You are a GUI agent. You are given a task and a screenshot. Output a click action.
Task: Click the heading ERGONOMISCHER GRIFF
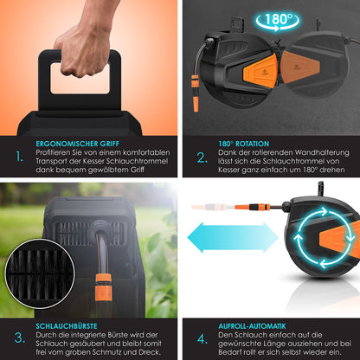coord(77,144)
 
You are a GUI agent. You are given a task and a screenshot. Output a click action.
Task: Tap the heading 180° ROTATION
coord(243,144)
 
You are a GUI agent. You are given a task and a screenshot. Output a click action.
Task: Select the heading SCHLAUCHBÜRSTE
coord(67,326)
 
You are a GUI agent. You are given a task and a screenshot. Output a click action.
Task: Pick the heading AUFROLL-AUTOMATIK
coord(252,326)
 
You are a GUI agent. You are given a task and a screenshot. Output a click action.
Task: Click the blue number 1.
coord(19,157)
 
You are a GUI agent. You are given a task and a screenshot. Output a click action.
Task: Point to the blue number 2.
coord(202,157)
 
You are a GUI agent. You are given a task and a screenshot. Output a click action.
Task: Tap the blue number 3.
coord(20,337)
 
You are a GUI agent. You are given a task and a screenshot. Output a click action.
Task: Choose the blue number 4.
coord(202,339)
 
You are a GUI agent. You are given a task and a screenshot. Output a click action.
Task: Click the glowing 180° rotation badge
coord(278,21)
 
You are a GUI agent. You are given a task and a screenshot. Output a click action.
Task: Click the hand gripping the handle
coord(84,43)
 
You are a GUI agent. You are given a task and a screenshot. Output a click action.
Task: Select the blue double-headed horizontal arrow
coord(233,238)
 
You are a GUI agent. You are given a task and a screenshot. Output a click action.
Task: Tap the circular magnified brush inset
coord(40,273)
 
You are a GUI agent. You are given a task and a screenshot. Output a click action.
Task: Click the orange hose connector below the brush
coord(104,287)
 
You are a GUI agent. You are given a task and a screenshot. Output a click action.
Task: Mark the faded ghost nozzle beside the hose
coord(209,207)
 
